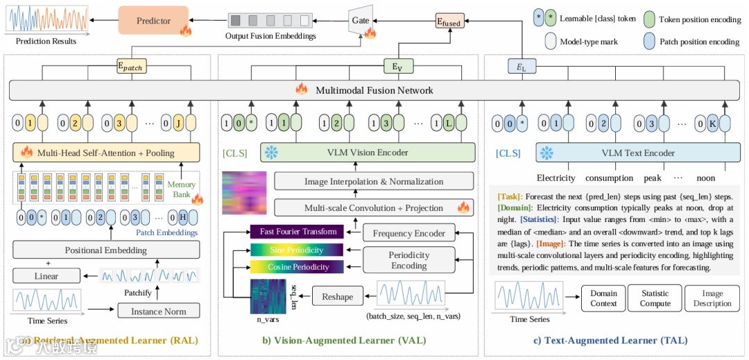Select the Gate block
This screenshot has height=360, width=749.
(x=361, y=21)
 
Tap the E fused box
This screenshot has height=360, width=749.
(x=448, y=22)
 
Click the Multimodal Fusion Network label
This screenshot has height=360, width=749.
(x=374, y=90)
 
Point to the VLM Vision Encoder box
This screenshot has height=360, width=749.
(x=368, y=153)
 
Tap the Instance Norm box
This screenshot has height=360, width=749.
(x=159, y=311)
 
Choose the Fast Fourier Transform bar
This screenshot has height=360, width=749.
(x=298, y=232)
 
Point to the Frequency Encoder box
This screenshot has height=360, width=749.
(x=408, y=233)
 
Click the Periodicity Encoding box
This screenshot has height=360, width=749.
(x=408, y=260)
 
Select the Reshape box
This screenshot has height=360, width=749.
(x=338, y=297)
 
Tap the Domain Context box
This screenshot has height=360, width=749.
(x=603, y=298)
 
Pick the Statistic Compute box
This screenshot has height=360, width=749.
(x=655, y=298)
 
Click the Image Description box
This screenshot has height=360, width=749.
(x=712, y=298)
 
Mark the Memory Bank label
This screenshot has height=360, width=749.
(x=181, y=189)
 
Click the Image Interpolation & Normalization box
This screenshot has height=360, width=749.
(x=374, y=182)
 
